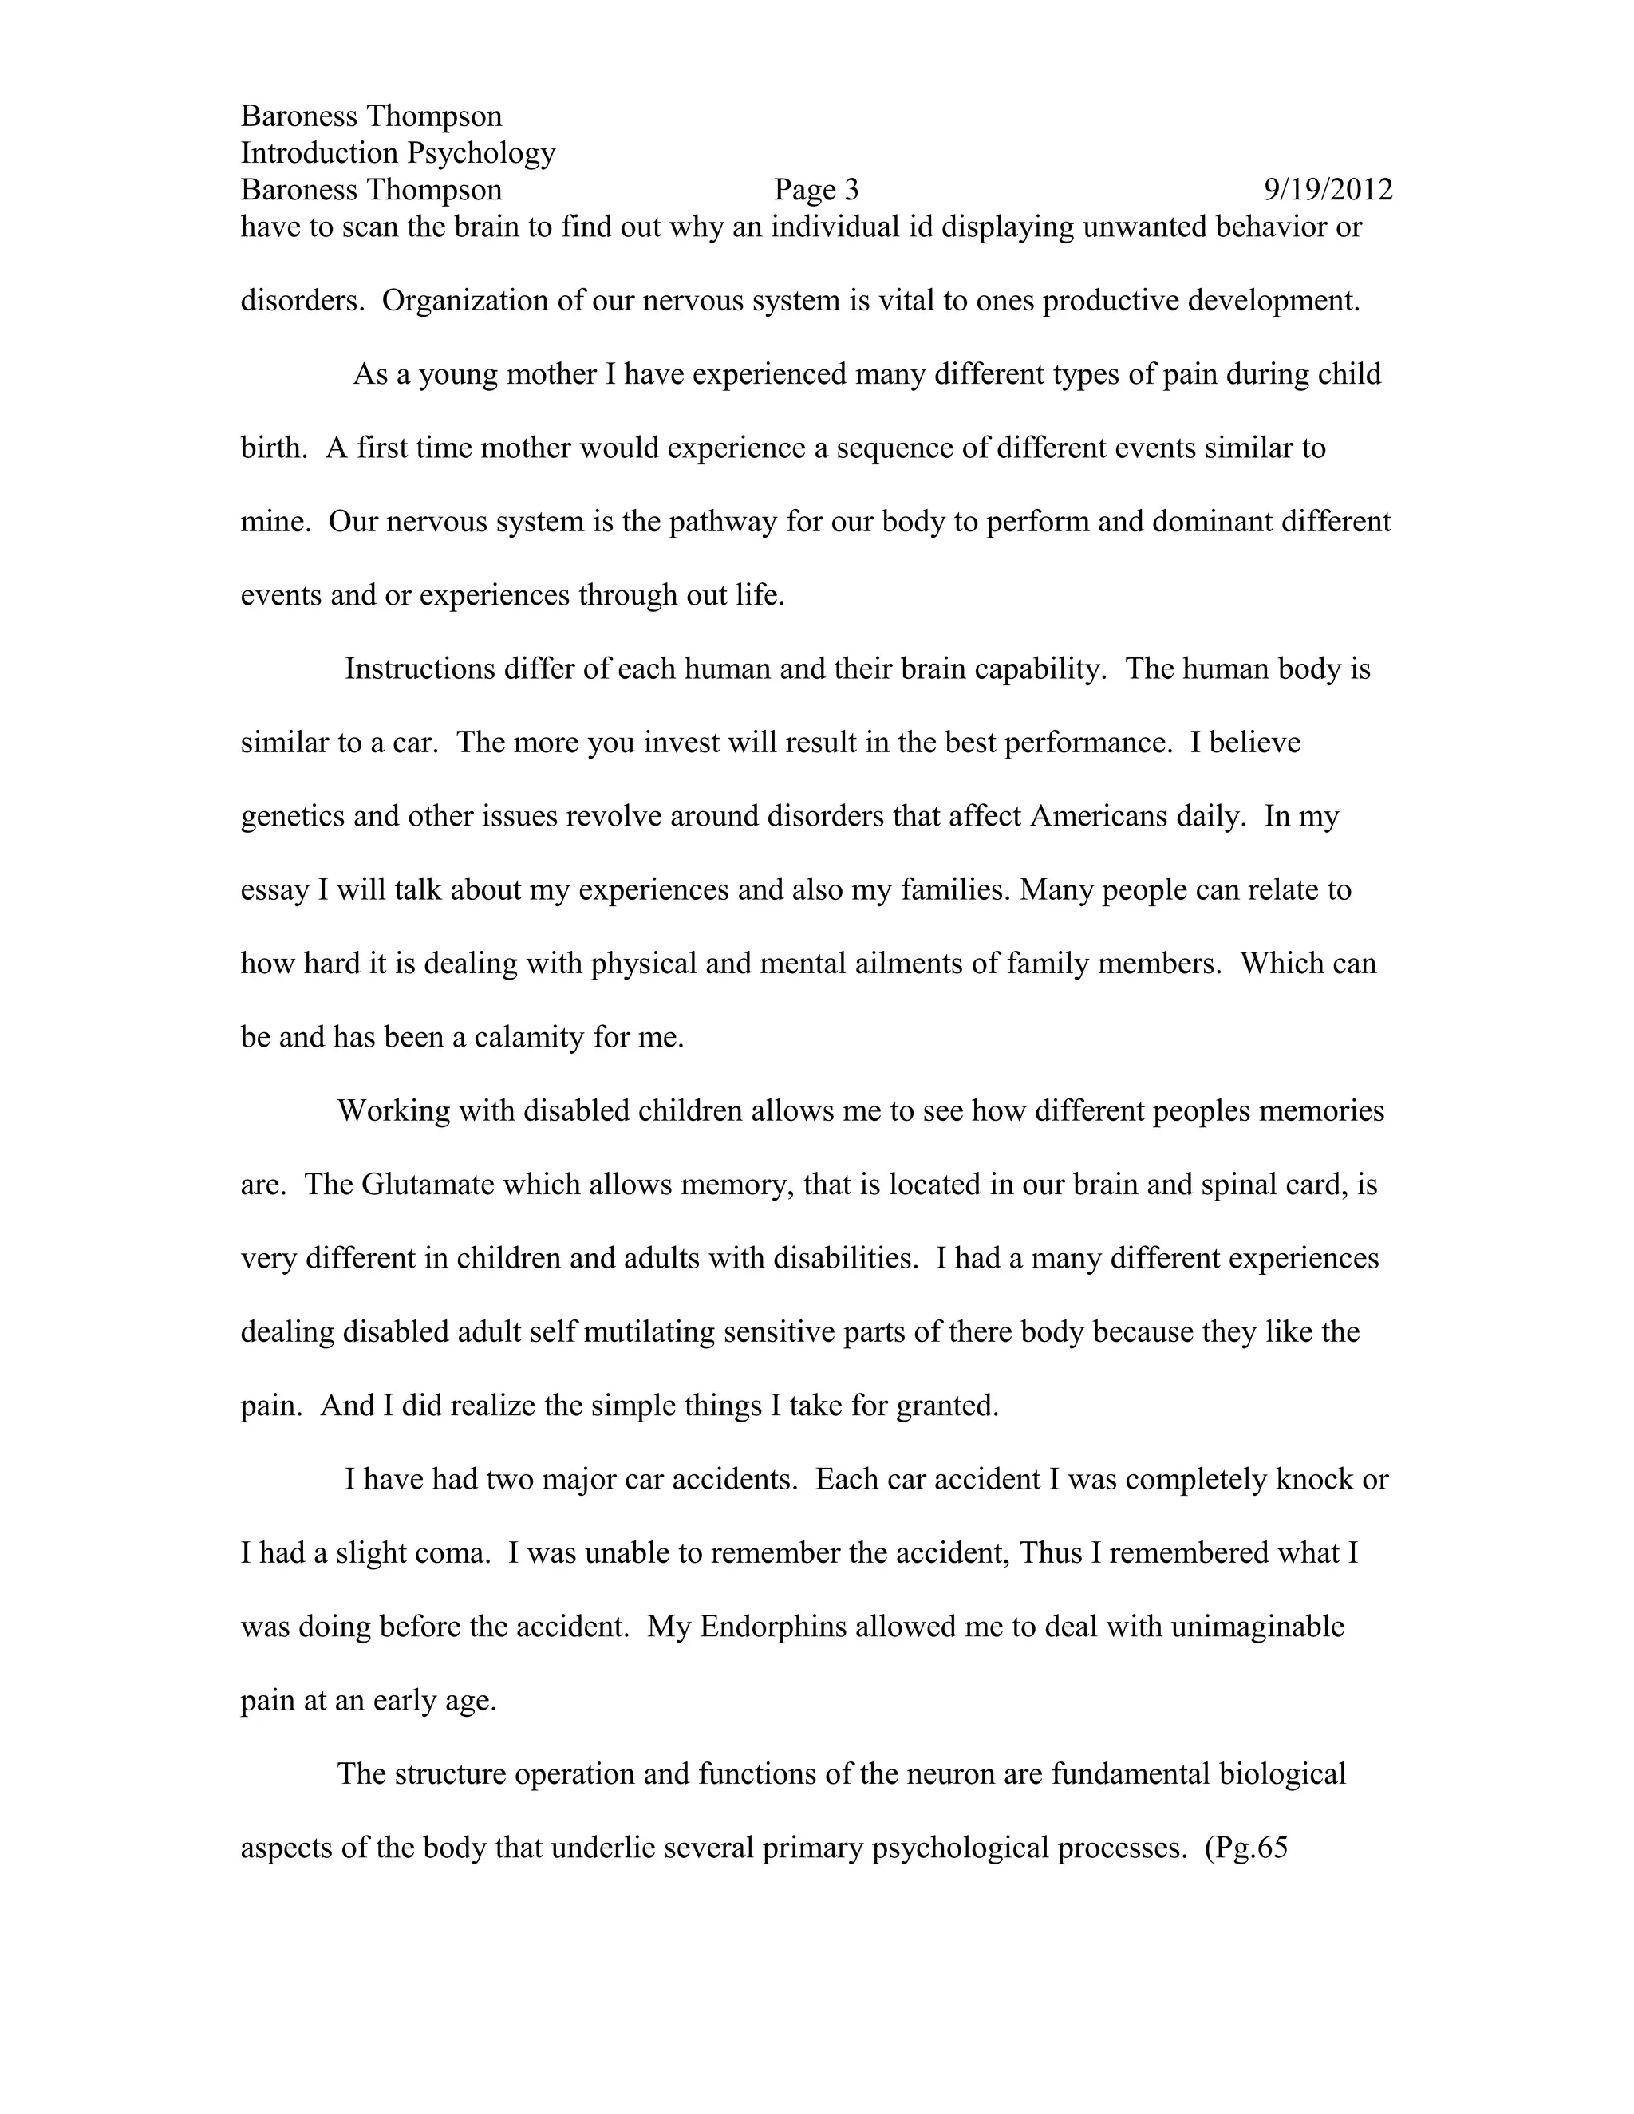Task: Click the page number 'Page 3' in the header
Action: pyautogui.click(x=816, y=190)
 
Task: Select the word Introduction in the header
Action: pyautogui.click(x=319, y=153)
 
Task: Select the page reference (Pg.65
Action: pyautogui.click(x=1245, y=1848)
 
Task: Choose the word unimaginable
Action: pyautogui.click(x=1257, y=1626)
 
